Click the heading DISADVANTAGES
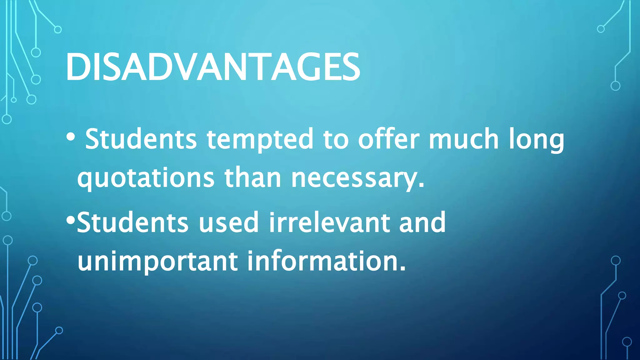[x=213, y=67]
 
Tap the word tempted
[x=260, y=139]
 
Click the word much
[x=464, y=139]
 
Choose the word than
[x=253, y=178]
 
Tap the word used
[x=228, y=222]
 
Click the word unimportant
[x=157, y=262]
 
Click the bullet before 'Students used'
[x=71, y=221]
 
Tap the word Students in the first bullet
[x=141, y=139]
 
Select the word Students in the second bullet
[x=132, y=222]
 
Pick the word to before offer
[x=336, y=139]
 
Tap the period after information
[x=403, y=269]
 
